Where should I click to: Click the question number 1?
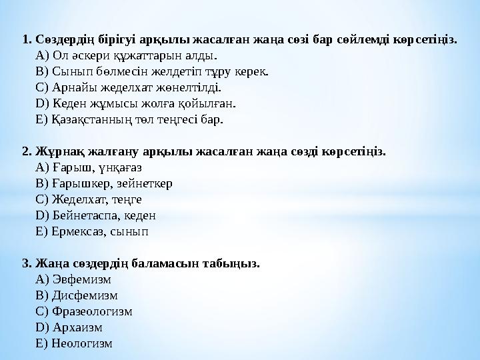pos(27,39)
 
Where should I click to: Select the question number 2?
pos(27,151)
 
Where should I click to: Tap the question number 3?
pos(27,263)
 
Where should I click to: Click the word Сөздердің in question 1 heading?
pos(64,39)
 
